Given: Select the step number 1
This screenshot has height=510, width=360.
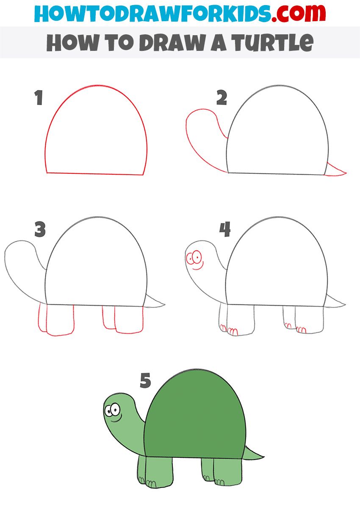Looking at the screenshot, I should click(39, 98).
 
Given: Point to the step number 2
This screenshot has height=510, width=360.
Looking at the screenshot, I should click(222, 98).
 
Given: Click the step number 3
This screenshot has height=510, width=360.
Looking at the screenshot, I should click(40, 230).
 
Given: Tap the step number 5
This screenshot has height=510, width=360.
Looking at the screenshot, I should click(145, 381).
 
